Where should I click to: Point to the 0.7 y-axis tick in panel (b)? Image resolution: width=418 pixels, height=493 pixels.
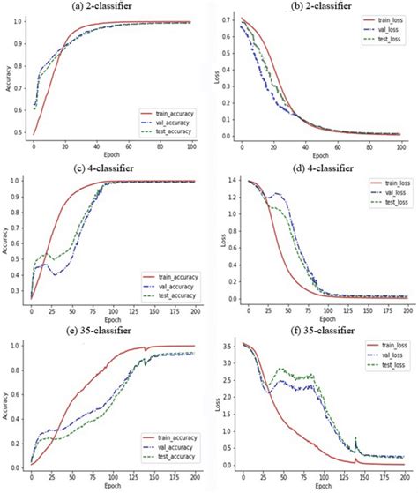[x=228, y=19]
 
